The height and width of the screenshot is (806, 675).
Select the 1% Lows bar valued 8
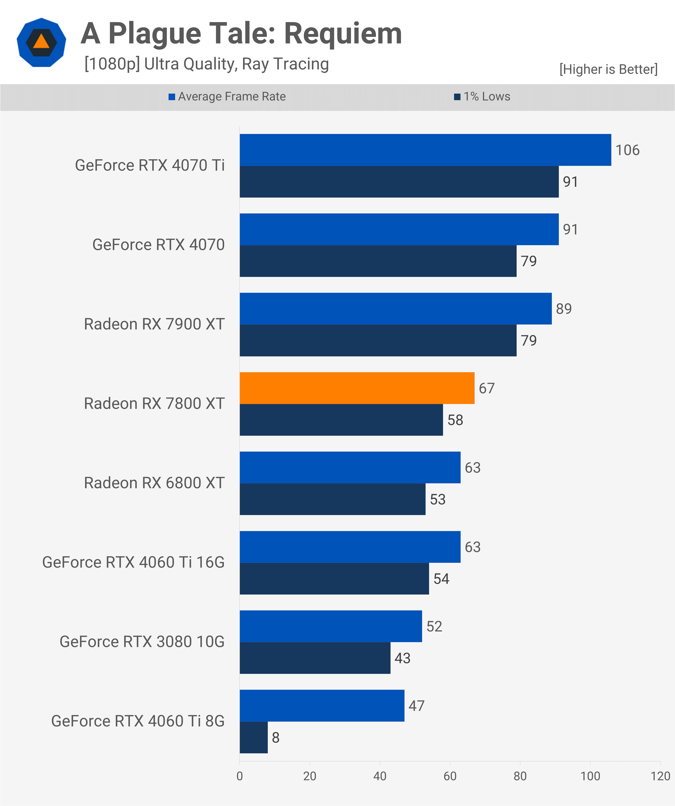(254, 737)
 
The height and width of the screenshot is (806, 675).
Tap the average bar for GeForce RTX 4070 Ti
(425, 150)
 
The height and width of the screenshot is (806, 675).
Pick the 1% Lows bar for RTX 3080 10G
(315, 658)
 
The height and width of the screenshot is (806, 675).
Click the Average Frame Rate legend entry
(227, 96)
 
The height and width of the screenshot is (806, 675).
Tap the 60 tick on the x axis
(450, 776)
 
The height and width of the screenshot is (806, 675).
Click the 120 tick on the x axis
(660, 776)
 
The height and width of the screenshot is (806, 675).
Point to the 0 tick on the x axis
(240, 776)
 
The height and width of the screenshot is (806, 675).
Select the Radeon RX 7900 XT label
(154, 324)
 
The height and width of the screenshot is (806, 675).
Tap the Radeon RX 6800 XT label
(154, 483)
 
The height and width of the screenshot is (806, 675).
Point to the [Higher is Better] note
(608, 69)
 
